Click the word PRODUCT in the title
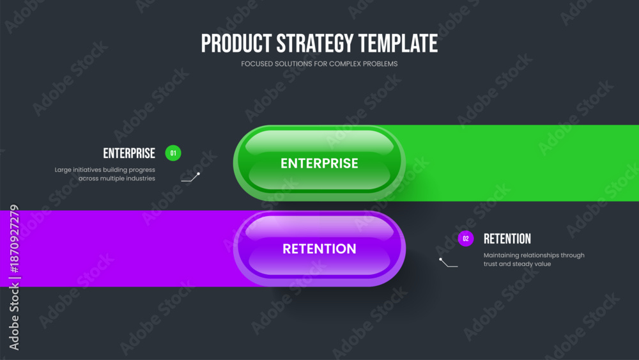[236, 43]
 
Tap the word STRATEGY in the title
[315, 43]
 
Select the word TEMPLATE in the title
[398, 43]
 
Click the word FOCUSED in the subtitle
[257, 64]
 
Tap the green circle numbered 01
[173, 153]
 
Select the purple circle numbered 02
[466, 239]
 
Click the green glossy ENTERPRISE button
[319, 163]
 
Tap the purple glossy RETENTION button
[319, 249]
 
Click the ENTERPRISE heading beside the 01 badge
[129, 153]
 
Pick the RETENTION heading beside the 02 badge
[507, 239]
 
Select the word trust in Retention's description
[490, 264]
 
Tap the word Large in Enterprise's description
[63, 170]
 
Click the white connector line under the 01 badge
[190, 178]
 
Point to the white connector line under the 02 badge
[449, 263]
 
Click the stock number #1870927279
[14, 239]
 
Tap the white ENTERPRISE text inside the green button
[319, 164]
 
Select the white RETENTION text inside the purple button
[319, 249]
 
